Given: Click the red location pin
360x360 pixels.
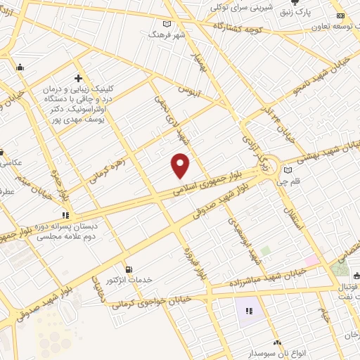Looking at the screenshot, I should point(181,165).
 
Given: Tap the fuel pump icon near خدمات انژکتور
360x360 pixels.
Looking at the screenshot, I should point(128,269).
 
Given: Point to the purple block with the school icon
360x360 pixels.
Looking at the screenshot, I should point(247,311).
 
